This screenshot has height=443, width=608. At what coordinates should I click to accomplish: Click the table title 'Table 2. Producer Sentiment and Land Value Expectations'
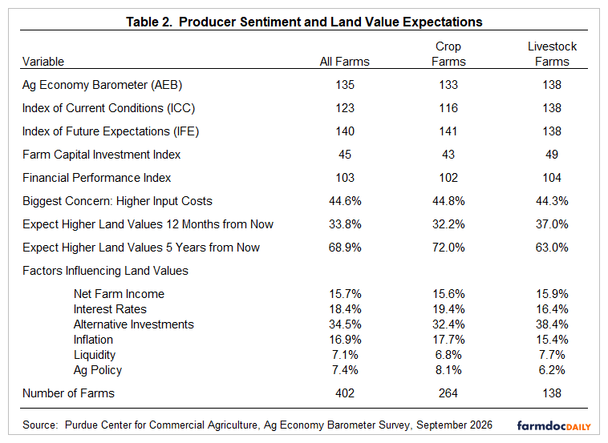(x=304, y=22)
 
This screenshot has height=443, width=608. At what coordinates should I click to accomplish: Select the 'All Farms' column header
(x=345, y=62)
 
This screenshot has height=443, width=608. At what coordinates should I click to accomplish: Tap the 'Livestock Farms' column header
(x=552, y=54)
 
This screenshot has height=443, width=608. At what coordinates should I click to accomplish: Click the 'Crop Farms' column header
(x=448, y=54)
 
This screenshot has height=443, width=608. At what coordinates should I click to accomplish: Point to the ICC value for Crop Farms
(x=448, y=108)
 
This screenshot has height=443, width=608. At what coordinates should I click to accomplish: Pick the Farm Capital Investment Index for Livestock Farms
(x=552, y=155)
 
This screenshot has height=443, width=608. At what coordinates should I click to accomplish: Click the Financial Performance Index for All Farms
(x=345, y=178)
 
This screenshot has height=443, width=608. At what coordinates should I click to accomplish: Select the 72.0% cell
(x=448, y=248)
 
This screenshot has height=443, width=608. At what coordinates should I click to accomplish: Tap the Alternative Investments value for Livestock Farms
(x=552, y=324)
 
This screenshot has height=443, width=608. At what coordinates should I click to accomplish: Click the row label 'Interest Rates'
(x=110, y=309)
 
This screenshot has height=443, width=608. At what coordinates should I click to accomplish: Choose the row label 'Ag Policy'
(x=98, y=370)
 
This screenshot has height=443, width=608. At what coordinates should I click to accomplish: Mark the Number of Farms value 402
(x=345, y=393)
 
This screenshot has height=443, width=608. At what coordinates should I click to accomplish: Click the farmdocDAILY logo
(x=554, y=426)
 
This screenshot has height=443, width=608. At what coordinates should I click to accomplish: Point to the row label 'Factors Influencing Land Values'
(x=105, y=271)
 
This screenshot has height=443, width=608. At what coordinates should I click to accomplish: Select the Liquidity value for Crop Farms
(x=448, y=355)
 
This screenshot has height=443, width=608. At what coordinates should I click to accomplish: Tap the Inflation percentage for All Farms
(x=345, y=340)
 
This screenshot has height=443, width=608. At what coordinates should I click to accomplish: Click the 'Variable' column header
(x=43, y=62)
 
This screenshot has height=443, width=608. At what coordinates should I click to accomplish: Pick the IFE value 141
(x=448, y=131)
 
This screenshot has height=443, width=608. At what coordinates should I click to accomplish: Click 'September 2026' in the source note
(x=455, y=425)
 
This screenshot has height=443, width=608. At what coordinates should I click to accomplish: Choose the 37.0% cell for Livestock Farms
(x=552, y=224)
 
